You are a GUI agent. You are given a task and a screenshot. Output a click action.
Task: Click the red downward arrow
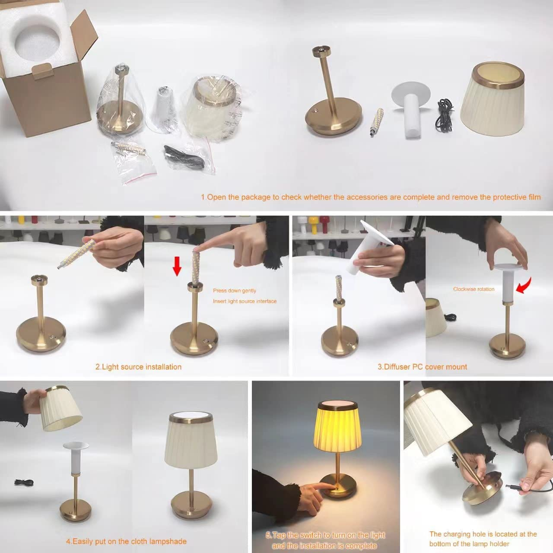tap(177, 266)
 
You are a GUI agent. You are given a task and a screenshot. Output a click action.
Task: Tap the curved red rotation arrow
tap(524, 285)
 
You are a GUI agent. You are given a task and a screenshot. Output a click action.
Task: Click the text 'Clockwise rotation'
tap(474, 289)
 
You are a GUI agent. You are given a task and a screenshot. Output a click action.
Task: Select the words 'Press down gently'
tap(235, 290)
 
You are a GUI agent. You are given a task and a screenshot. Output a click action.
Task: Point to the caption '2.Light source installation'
tap(138, 367)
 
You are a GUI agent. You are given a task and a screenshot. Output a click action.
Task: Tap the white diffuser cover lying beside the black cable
tap(411, 108)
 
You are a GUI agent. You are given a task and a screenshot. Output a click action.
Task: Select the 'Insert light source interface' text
tap(245, 301)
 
